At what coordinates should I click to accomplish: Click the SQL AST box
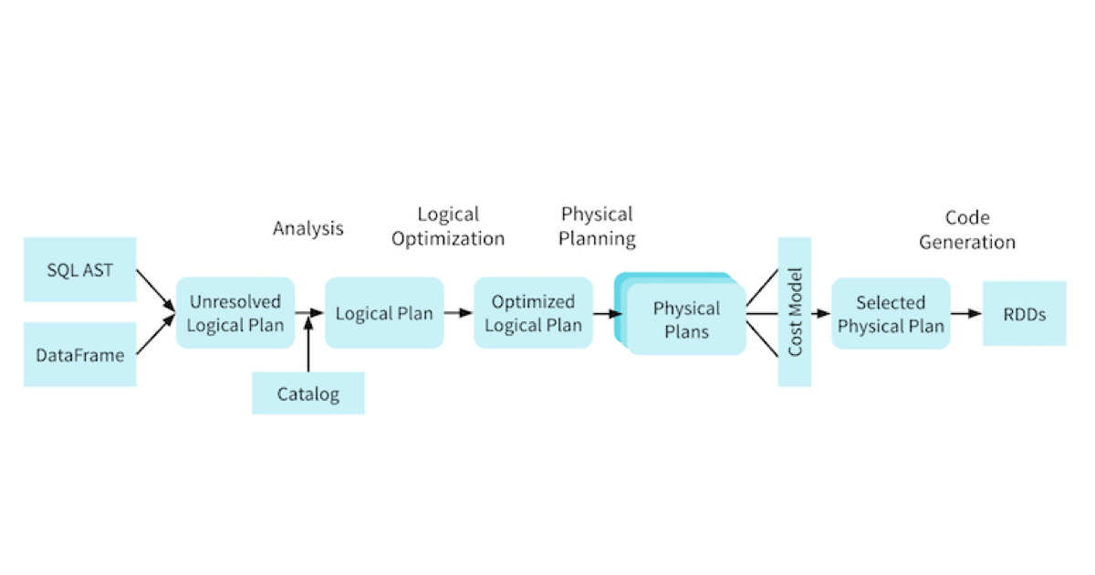tap(80, 270)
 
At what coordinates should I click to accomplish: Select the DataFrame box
tap(80, 354)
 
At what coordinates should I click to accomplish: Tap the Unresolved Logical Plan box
tap(235, 313)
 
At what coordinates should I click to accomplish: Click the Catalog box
tap(308, 394)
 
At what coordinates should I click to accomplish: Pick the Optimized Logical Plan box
tap(533, 313)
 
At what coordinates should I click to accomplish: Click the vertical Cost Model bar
tap(794, 312)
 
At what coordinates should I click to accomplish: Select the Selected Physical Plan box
tap(891, 314)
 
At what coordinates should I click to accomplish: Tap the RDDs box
tap(1024, 314)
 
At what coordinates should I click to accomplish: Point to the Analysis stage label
tap(308, 228)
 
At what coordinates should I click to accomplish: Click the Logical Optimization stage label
tap(448, 226)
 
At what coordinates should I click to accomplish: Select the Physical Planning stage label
tap(598, 226)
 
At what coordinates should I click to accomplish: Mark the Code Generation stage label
tap(967, 230)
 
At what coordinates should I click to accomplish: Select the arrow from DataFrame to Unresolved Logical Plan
tap(155, 336)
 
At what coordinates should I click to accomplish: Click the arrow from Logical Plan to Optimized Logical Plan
tap(459, 313)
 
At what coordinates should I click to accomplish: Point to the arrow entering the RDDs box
tap(966, 314)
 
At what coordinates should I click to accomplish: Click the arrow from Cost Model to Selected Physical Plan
tap(820, 314)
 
